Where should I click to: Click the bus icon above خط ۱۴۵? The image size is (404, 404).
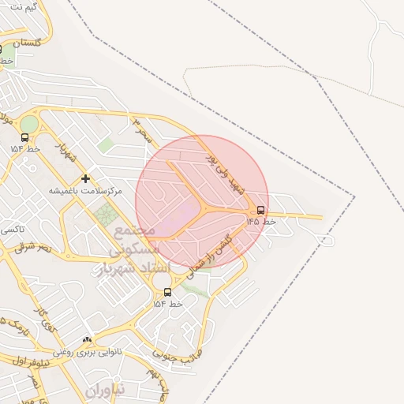click(x=260, y=211)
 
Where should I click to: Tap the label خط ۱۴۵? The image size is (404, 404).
click(x=261, y=222)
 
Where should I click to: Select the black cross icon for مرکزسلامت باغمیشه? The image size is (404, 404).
click(x=85, y=178)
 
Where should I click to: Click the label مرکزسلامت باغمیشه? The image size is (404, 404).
click(x=86, y=191)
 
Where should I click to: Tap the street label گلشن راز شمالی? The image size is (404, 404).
click(x=214, y=252)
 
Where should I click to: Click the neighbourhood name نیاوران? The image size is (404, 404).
click(x=105, y=391)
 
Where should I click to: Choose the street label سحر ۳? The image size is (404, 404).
click(x=140, y=129)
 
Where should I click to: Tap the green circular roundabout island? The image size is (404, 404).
click(x=28, y=125)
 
